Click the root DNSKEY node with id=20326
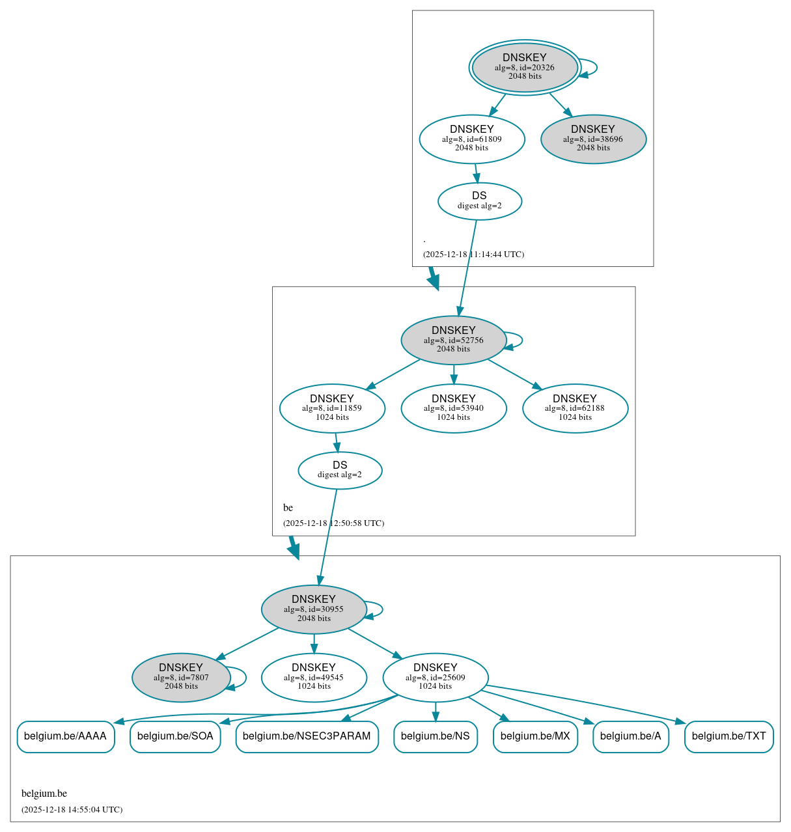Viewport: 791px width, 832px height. (525, 67)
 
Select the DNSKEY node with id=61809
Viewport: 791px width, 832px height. (472, 139)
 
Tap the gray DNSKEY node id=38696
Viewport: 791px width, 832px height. (593, 139)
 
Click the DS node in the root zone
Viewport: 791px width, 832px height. (480, 201)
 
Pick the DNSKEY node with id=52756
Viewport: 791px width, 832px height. (454, 340)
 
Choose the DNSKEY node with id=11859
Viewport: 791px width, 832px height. (332, 408)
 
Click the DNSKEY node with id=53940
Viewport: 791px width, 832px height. (454, 408)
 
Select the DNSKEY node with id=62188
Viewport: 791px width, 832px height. (575, 408)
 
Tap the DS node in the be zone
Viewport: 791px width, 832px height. (340, 470)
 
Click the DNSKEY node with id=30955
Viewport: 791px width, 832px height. (314, 609)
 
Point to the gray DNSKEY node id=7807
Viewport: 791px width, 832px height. (181, 678)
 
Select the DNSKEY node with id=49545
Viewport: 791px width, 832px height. (314, 678)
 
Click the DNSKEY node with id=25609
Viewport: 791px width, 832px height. (436, 678)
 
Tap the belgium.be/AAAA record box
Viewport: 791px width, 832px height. (66, 736)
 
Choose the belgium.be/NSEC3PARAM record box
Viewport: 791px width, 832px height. (307, 736)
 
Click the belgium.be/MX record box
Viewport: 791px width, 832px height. (535, 736)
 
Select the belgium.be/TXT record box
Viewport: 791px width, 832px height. (729, 736)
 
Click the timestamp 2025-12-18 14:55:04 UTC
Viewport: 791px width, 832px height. (72, 810)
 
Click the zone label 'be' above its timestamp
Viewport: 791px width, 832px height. (288, 508)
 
